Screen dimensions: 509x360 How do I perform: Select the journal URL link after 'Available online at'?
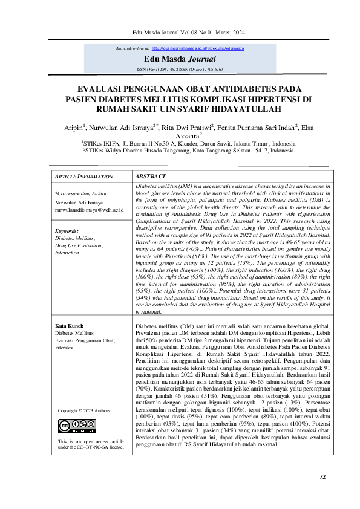(x=189, y=47)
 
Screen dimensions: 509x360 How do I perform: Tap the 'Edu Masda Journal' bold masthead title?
(x=180, y=59)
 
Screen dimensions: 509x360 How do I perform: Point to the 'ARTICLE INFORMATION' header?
(x=84, y=177)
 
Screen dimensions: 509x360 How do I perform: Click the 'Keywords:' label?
(x=67, y=232)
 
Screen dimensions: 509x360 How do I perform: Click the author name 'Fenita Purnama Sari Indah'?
(x=264, y=128)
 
